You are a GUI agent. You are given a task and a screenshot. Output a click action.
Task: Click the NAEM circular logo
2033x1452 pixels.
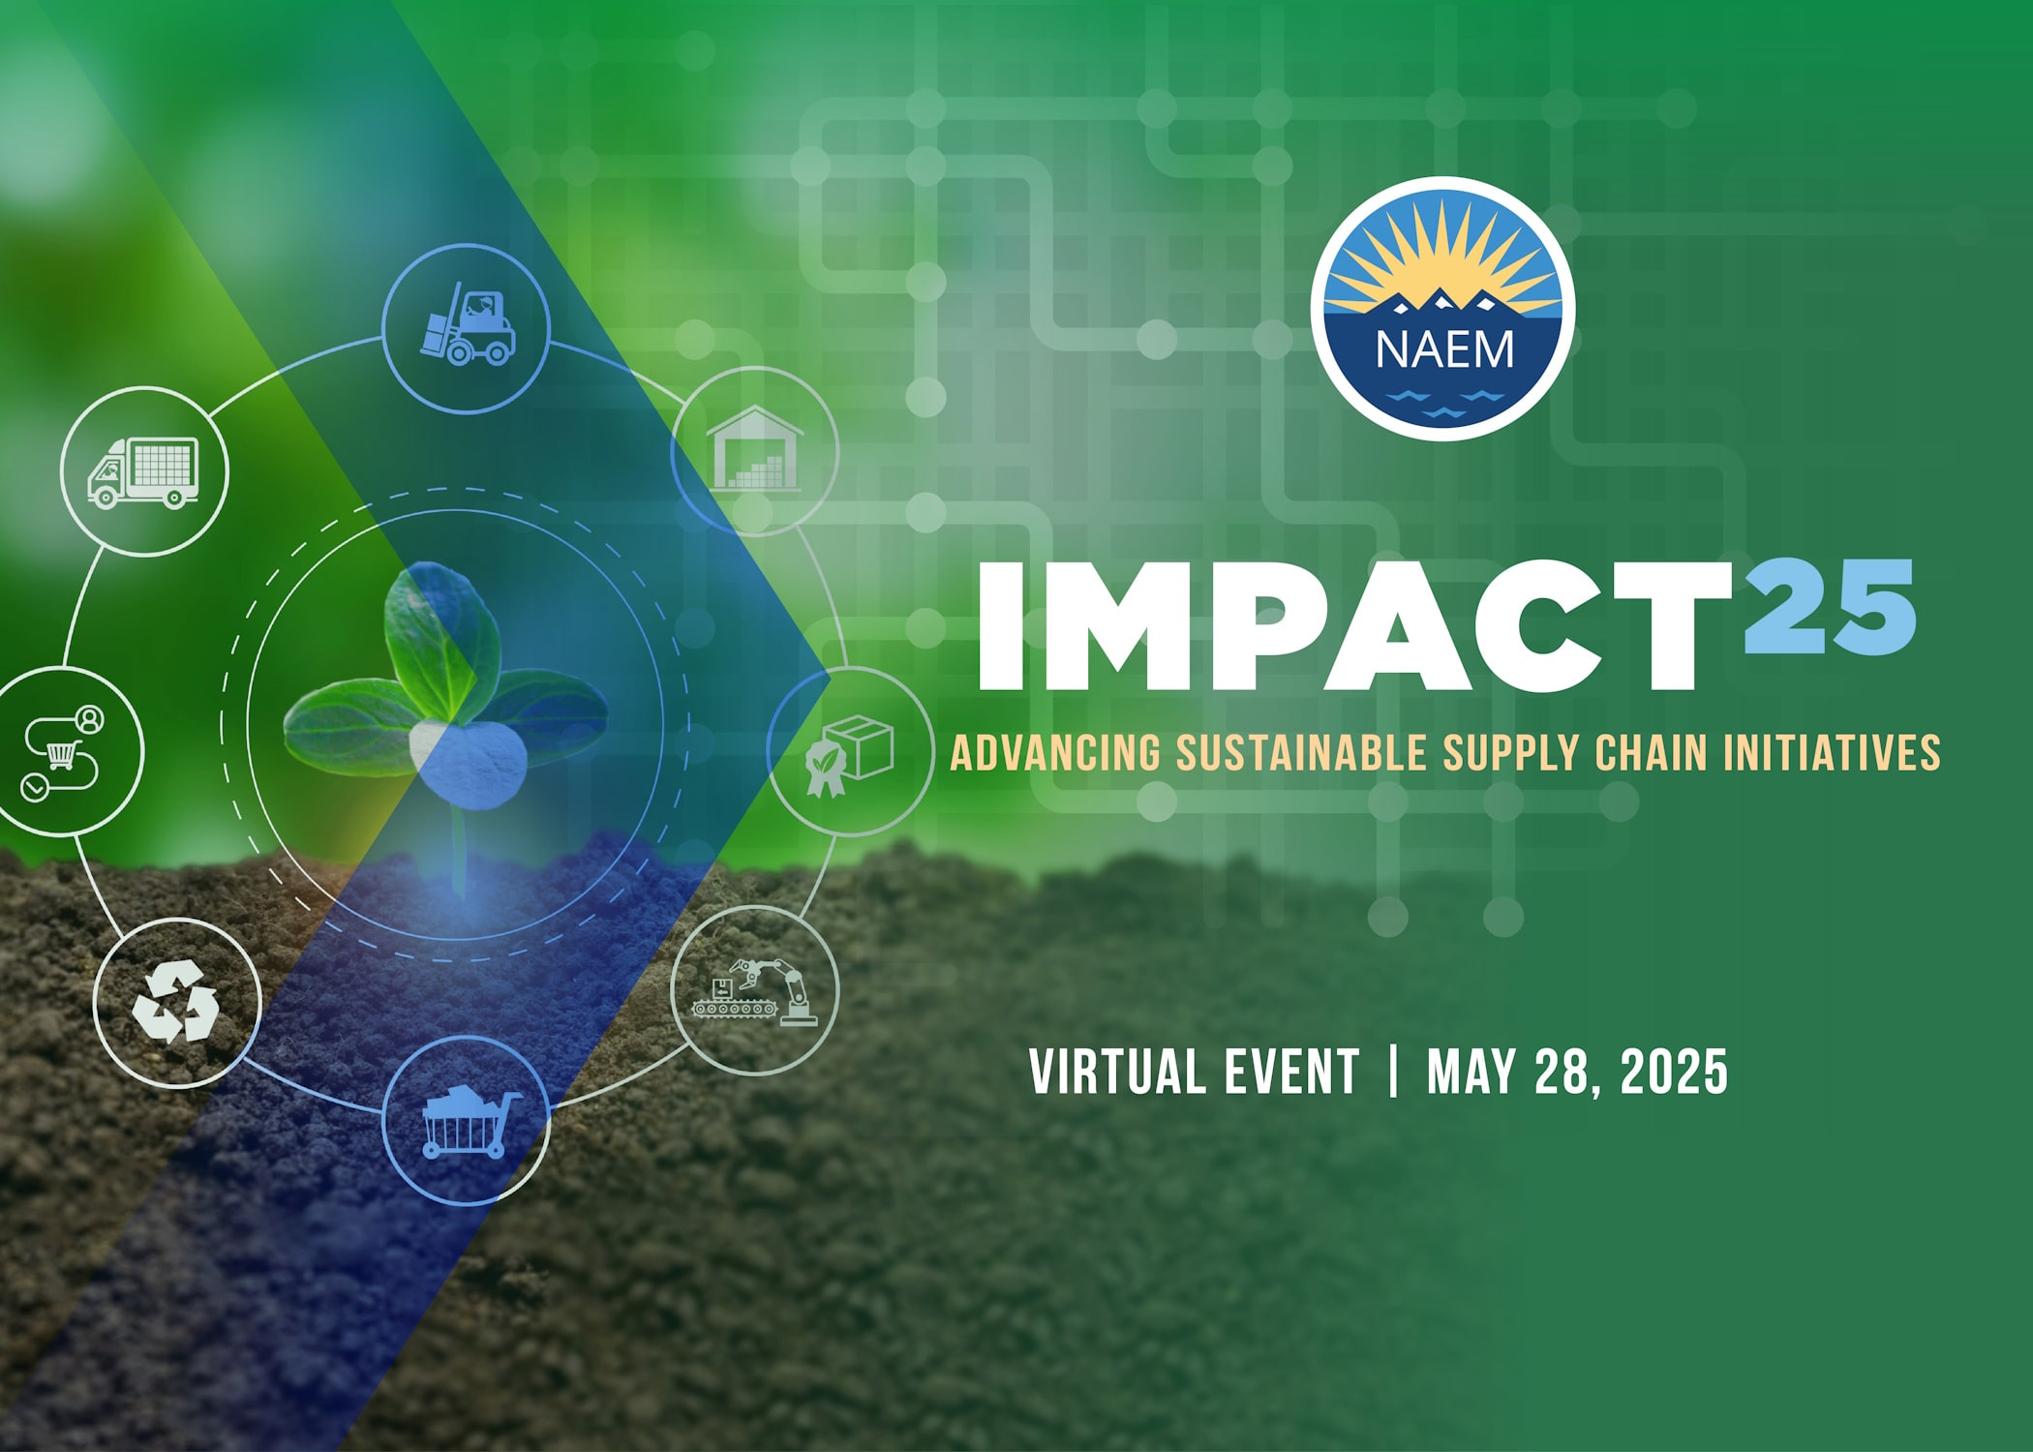[1442, 309]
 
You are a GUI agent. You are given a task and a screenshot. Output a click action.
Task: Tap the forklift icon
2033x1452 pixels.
[468, 324]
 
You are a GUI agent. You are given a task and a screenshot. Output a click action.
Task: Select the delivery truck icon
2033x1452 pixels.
[143, 471]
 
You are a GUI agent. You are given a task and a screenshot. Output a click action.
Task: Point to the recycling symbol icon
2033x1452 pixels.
[176, 1002]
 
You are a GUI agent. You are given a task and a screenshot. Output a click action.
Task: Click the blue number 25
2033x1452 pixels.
[1830, 607]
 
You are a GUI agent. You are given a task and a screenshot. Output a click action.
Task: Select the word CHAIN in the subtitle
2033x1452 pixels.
[1651, 753]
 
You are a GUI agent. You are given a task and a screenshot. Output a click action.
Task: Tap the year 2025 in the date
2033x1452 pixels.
[1674, 1072]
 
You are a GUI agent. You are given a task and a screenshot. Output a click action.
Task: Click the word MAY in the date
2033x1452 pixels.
[1471, 1072]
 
